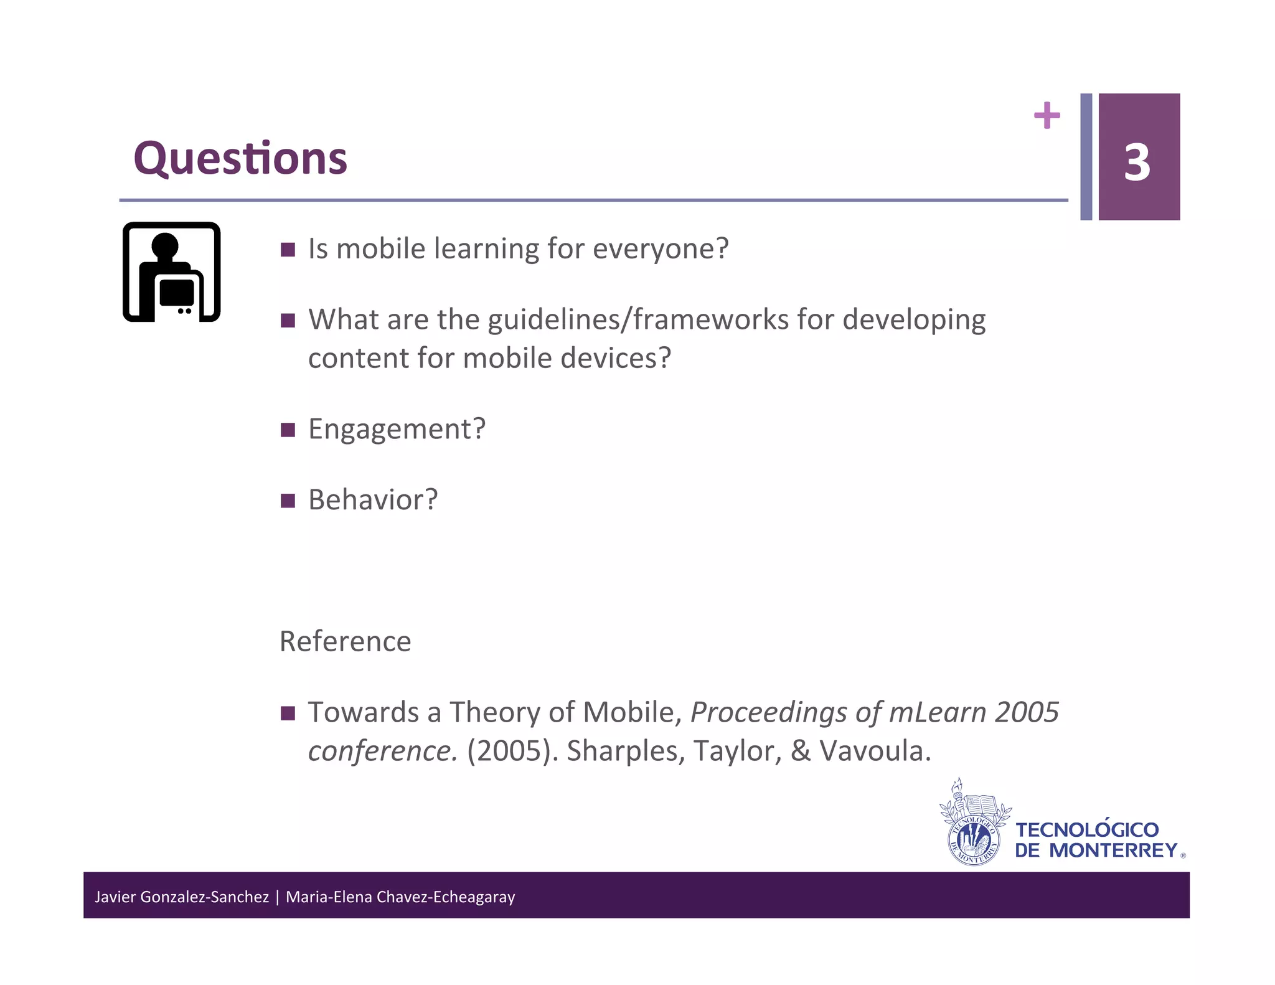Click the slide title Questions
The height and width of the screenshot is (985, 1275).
[240, 159]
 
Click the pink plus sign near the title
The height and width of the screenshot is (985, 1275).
[1047, 116]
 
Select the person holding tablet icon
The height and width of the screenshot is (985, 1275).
[171, 272]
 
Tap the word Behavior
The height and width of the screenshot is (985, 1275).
[367, 500]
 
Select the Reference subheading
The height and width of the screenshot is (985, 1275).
[345, 641]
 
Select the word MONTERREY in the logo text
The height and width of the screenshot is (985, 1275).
[1113, 851]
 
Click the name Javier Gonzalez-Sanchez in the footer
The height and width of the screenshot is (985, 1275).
[181, 897]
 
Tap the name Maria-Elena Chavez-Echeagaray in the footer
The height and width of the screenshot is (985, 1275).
[400, 897]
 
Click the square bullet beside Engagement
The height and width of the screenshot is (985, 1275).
[288, 430]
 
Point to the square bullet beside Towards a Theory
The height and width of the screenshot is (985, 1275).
[288, 713]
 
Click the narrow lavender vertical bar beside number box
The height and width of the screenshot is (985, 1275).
[1086, 157]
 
